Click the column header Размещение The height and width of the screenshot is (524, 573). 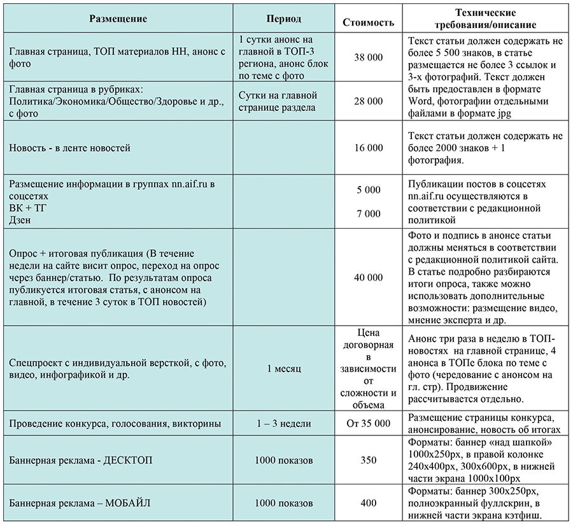pos(118,18)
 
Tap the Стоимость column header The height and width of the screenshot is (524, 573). pos(368,22)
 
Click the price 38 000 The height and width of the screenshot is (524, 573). pos(368,57)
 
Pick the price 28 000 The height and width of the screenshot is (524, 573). pos(368,101)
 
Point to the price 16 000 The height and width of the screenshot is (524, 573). pos(368,148)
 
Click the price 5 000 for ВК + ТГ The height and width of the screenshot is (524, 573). pos(368,190)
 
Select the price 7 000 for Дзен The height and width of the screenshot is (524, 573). pos(368,214)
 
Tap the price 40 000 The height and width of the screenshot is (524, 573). pos(368,277)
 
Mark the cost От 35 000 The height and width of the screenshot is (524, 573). pos(368,423)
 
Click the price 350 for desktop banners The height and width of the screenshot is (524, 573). pos(368,460)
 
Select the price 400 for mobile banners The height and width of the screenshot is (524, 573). pos(368,504)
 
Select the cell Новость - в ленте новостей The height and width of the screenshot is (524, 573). pos(69,148)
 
